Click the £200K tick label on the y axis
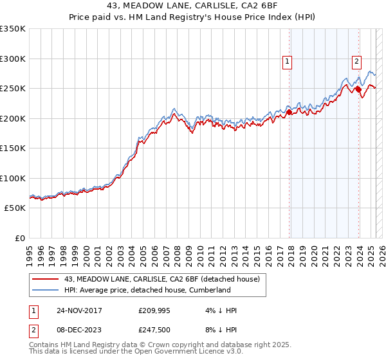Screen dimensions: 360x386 point(12,118)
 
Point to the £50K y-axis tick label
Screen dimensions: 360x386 point(14,208)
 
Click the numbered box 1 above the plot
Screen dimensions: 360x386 point(287,62)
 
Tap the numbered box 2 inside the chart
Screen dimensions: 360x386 point(356,62)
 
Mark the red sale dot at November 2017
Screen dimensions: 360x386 point(289,112)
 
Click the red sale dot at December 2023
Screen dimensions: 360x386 point(358,90)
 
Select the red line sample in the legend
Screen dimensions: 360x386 point(46,279)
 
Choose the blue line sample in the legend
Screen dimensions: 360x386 point(46,290)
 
